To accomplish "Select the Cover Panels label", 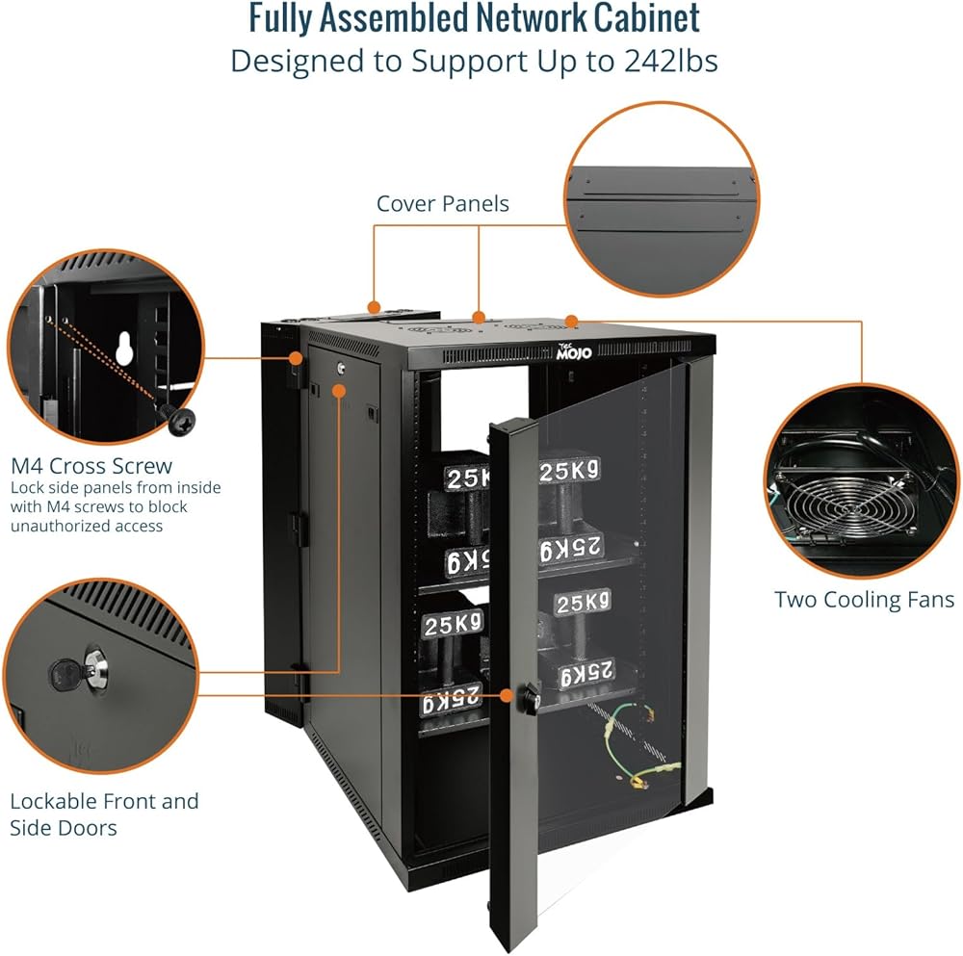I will point(442,203).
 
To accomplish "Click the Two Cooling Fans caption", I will point(864,600).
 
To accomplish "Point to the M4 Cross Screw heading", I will point(91,467).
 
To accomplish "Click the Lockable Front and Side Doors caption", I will point(104,814).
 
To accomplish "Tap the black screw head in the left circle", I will point(179,418).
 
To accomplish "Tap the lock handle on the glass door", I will point(528,695).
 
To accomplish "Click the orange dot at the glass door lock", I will point(508,693).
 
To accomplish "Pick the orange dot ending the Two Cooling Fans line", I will point(570,320).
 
